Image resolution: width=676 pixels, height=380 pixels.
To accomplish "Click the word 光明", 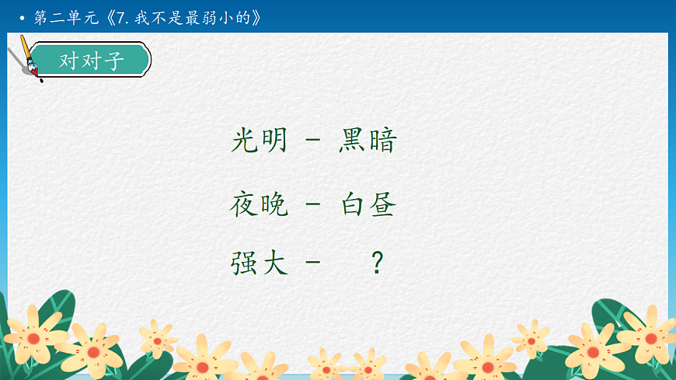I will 260,141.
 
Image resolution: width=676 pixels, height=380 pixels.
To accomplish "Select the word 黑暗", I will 368,141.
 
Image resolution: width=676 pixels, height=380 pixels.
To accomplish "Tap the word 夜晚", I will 260,205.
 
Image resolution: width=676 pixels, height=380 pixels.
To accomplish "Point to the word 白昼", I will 368,205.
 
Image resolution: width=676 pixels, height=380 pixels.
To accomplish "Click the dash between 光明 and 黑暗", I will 313,142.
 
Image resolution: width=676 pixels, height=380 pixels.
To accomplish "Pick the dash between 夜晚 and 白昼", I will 313,206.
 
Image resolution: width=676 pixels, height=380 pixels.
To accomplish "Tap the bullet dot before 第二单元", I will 22,18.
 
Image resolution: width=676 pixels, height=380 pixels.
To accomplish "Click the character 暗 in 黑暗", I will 383,141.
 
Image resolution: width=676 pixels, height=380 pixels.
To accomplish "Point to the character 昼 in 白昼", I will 383,205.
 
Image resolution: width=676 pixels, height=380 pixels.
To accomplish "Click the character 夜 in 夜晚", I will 245,205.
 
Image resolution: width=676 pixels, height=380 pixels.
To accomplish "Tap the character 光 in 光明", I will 245,141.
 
